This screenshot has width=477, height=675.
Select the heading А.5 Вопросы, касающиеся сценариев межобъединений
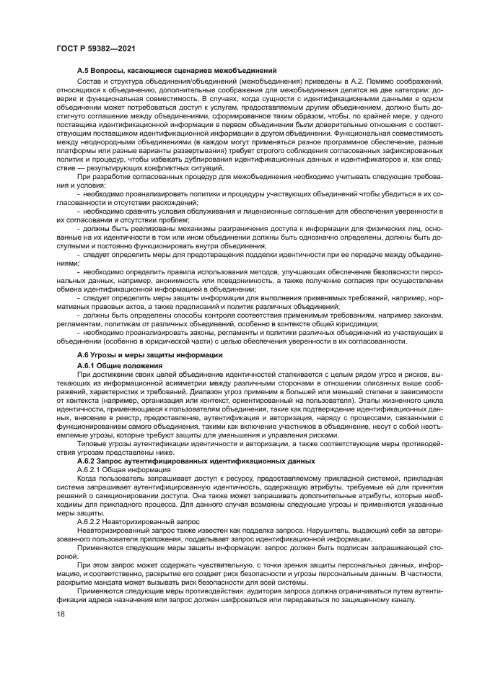tap(178, 71)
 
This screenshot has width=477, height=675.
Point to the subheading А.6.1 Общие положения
tap(121, 366)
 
